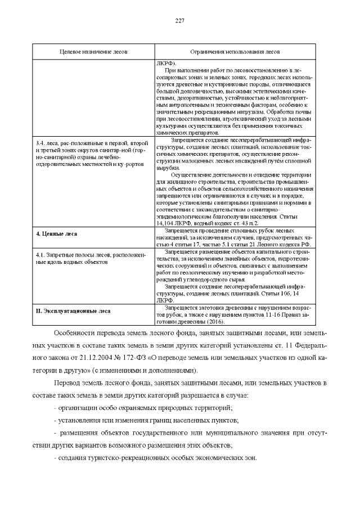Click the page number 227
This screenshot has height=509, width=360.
[180, 21]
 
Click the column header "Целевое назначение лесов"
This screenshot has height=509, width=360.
[94, 51]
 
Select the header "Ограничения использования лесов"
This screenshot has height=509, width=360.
[235, 51]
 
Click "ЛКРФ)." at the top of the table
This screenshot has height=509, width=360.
[166, 62]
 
